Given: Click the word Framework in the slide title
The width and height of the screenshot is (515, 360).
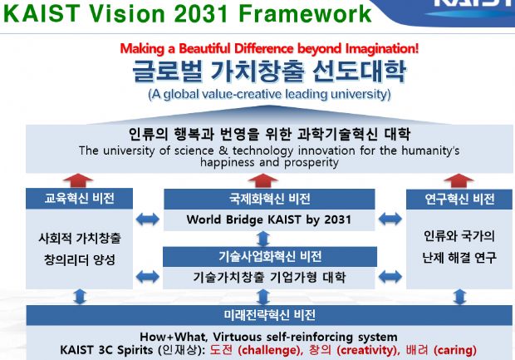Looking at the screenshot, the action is (x=305, y=13).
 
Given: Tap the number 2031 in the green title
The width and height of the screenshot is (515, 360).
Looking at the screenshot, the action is (x=201, y=13).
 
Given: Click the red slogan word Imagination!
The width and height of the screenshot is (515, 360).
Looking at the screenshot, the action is (x=382, y=49).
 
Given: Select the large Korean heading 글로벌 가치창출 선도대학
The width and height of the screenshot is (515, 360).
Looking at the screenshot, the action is (x=269, y=71).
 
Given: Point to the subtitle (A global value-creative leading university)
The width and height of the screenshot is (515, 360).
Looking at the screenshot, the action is (x=269, y=94).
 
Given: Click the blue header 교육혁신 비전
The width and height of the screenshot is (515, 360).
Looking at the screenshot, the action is (x=79, y=199).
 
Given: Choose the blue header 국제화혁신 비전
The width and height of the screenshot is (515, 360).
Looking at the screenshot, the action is (x=269, y=199).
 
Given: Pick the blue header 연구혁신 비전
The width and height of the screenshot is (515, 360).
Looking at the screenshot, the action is (x=459, y=199).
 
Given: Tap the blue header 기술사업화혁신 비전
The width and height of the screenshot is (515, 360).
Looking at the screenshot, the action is (x=270, y=256).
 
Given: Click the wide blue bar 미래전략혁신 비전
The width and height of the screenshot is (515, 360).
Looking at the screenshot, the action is (x=269, y=315).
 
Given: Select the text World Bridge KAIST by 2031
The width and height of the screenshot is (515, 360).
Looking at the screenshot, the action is (x=269, y=219).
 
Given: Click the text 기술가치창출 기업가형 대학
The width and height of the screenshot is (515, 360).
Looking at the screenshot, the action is (x=269, y=277).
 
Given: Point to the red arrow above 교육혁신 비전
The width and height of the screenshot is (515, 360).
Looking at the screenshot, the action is (x=78, y=180).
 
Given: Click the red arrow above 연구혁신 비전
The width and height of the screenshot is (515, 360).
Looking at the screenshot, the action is (x=459, y=180).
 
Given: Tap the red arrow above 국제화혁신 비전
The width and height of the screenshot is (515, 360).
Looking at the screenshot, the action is (x=263, y=181).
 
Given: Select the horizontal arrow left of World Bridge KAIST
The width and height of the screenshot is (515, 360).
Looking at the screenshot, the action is (x=148, y=219).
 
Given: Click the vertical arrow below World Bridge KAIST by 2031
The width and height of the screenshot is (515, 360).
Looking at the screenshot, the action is (x=263, y=239).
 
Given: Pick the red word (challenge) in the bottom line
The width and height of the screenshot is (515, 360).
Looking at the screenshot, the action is (x=269, y=350).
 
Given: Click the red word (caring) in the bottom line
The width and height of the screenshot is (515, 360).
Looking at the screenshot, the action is (x=455, y=350).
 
